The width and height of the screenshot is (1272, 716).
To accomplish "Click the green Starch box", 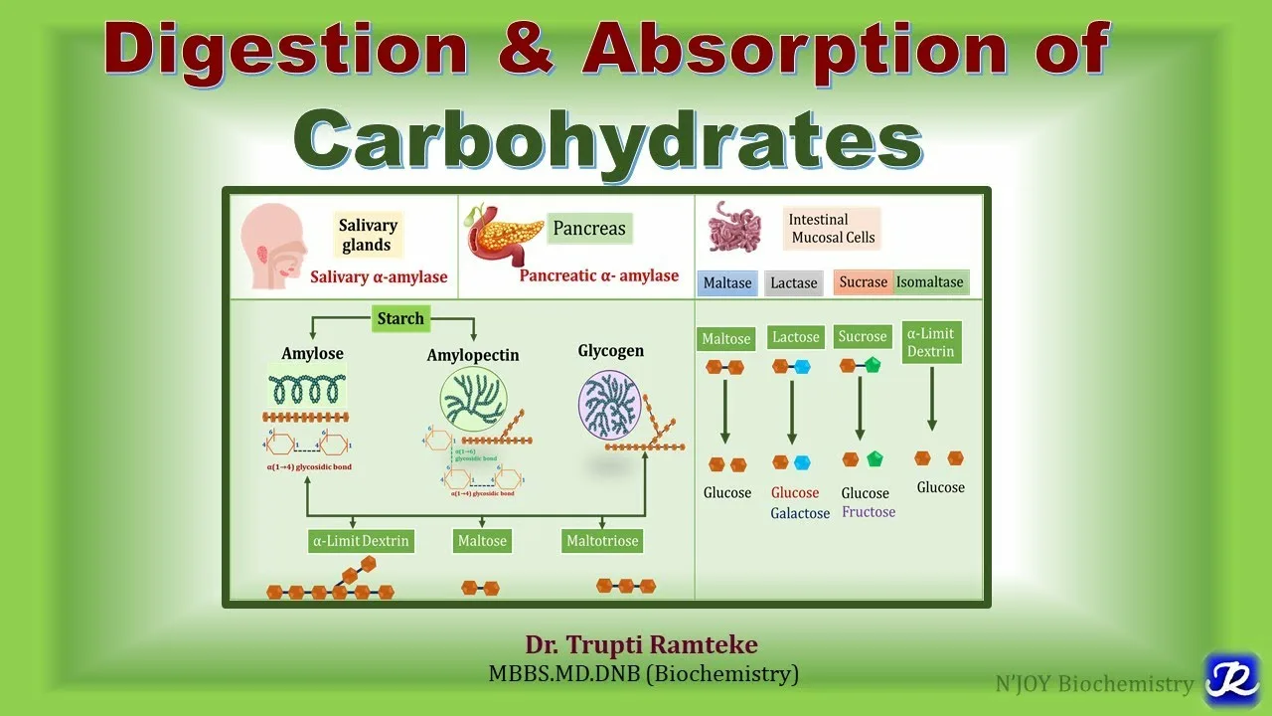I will [400, 319].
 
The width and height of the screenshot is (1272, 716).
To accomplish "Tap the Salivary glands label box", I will [367, 236].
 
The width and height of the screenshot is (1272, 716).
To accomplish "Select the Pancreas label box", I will [589, 229].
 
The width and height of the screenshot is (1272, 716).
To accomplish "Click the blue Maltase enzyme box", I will [727, 283].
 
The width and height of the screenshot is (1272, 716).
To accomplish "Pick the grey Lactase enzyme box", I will [794, 283].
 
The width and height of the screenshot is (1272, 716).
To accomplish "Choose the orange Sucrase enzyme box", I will [863, 282].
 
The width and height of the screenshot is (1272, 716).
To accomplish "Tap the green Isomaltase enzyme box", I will [930, 282].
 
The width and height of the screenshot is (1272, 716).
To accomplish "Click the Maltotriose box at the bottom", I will [602, 542].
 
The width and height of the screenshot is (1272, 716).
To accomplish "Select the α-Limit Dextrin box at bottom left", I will [361, 542].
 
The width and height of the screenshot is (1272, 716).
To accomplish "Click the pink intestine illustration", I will [734, 228].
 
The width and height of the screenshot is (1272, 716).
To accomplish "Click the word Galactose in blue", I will [800, 514].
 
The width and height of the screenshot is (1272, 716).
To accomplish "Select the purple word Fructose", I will [869, 512].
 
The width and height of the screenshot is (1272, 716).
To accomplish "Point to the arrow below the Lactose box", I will [792, 410].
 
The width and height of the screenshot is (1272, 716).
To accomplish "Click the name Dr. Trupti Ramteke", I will [642, 645].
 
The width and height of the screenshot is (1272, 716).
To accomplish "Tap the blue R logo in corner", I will [1231, 680].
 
